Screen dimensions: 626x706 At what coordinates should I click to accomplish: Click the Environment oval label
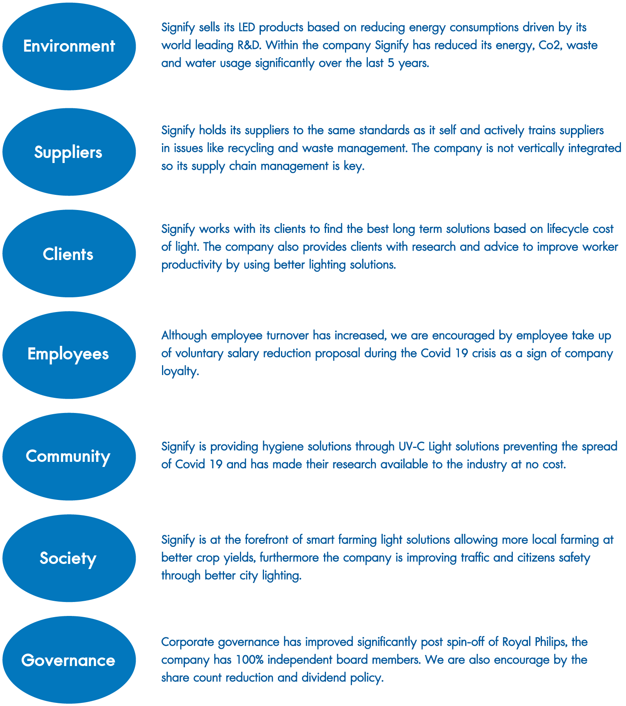pyautogui.click(x=69, y=46)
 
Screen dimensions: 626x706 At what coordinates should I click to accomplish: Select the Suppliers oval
pyautogui.click(x=69, y=152)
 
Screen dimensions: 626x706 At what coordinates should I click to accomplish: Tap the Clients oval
pyautogui.click(x=69, y=253)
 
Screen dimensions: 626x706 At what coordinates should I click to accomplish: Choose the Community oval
pyautogui.click(x=69, y=456)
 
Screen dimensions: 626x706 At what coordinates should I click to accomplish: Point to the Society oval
pyautogui.click(x=69, y=558)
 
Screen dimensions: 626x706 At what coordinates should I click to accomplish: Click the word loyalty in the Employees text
pyautogui.click(x=180, y=371)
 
